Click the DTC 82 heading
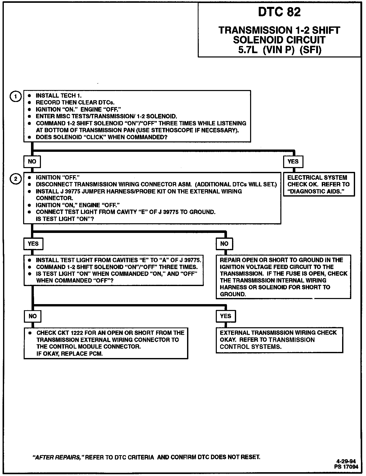[279, 12]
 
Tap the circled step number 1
[16, 97]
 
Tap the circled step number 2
[16, 179]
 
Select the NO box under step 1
[32, 161]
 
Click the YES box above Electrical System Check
[293, 161]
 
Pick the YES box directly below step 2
[33, 244]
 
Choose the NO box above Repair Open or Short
[224, 244]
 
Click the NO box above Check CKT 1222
[33, 316]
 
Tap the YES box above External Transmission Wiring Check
[225, 316]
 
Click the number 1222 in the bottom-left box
[76, 333]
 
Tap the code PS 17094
[346, 466]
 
